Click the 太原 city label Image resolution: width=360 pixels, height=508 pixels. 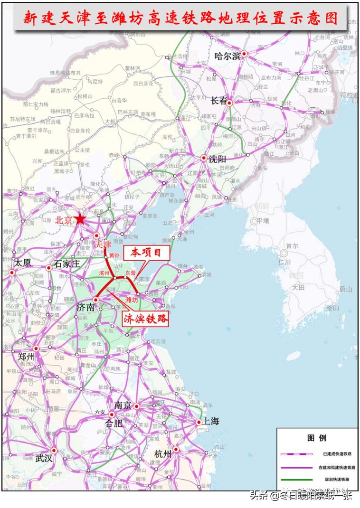pyautogui.click(x=23, y=263)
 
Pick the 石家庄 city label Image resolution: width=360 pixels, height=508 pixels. pyautogui.click(x=67, y=263)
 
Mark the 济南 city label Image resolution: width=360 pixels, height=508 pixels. pyautogui.click(x=86, y=307)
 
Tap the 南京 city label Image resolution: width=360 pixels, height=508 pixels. pyautogui.click(x=123, y=405)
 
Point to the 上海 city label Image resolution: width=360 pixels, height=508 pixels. pyautogui.click(x=211, y=421)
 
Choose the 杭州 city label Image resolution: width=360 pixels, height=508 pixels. pyautogui.click(x=163, y=454)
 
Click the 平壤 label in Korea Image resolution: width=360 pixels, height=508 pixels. pyautogui.click(x=263, y=221)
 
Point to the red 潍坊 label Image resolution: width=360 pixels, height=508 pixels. pyautogui.click(x=132, y=300)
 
